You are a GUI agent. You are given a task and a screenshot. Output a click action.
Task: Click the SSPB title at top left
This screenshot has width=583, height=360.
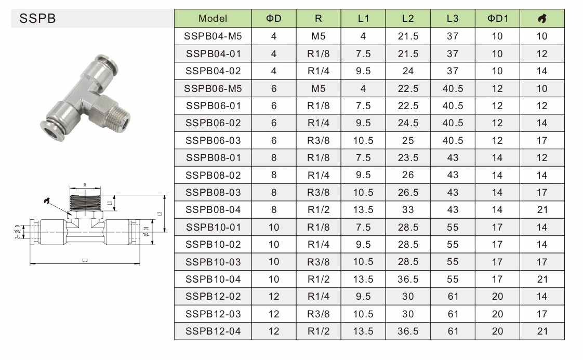coord(37,19)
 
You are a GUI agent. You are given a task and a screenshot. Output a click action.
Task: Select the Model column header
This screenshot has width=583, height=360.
coord(213,19)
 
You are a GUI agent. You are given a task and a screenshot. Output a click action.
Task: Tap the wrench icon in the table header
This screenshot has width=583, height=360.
coord(542,19)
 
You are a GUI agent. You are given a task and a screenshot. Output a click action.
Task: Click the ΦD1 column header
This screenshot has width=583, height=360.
coord(497,19)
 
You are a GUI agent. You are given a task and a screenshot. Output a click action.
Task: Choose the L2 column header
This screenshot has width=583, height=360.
coord(408,19)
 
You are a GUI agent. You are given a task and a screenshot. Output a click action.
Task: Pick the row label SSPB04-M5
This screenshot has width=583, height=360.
coord(213,36)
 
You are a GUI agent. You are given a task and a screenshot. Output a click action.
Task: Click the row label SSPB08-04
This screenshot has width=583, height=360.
coord(213,210)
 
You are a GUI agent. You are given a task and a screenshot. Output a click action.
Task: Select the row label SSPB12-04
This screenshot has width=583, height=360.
coord(213,331)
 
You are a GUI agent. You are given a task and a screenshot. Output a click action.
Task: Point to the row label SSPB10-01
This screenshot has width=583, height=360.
coord(213,227)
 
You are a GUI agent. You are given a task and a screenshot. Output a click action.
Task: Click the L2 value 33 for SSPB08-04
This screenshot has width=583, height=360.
coord(408,210)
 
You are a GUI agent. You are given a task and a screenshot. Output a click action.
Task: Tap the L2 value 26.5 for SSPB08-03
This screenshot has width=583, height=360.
coord(408,193)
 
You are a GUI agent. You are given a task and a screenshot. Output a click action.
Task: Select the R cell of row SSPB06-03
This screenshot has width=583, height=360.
coord(319,140)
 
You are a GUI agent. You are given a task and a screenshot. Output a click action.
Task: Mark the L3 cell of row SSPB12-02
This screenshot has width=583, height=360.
coord(453,297)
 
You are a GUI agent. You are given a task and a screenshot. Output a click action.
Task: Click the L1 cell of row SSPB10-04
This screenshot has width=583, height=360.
coord(363,279)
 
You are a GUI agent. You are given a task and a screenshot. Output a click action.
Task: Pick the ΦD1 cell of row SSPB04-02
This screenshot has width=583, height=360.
coord(497,71)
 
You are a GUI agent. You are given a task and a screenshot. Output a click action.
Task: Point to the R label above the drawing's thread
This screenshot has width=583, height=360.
coord(85,184)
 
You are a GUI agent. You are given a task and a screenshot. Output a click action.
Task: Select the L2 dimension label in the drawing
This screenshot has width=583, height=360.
coord(160,213)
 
